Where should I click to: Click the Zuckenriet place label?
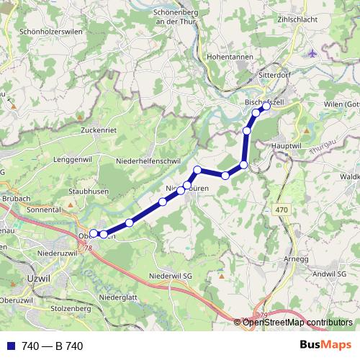pos(99,130)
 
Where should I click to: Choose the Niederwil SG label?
pos(171,276)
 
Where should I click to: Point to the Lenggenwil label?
pos(73,158)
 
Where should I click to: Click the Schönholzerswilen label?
pos(53,32)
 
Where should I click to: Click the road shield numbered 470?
pos(282,209)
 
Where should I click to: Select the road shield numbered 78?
pos(89,248)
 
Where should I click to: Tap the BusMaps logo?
pos(325,346)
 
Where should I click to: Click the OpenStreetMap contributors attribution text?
pos(297,323)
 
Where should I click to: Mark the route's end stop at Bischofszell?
pos(266,106)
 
